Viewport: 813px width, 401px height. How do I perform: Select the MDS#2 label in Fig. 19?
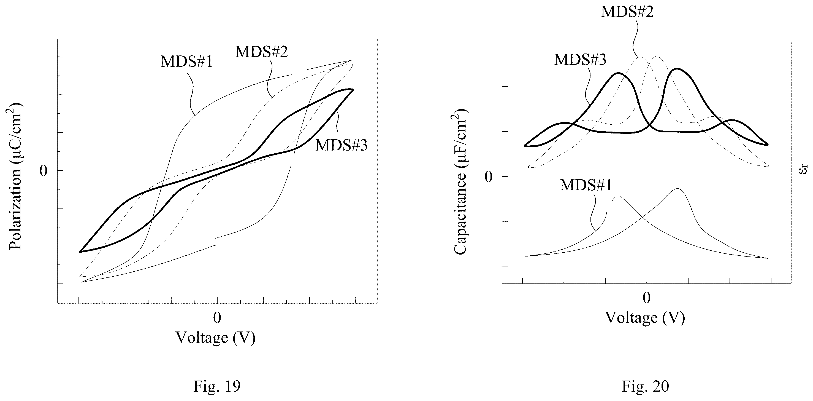click(262, 52)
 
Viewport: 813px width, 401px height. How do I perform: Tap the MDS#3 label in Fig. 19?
click(342, 145)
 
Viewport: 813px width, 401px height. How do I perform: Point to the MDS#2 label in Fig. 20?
click(627, 11)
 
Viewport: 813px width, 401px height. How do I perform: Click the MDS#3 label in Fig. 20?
click(580, 59)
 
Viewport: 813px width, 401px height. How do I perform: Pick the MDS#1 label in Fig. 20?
click(586, 185)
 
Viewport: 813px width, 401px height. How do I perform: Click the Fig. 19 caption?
click(217, 386)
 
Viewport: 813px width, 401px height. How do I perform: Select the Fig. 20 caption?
click(645, 386)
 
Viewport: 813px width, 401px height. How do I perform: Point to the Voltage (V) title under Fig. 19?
click(216, 337)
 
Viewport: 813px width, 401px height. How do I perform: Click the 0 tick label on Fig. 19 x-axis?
click(217, 318)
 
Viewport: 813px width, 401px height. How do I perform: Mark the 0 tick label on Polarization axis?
click(43, 171)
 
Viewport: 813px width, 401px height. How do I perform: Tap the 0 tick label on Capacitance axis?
click(488, 177)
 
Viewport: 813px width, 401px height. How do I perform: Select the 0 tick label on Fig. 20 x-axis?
click(647, 298)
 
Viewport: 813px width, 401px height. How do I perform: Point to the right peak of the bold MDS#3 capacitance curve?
click(676, 69)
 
